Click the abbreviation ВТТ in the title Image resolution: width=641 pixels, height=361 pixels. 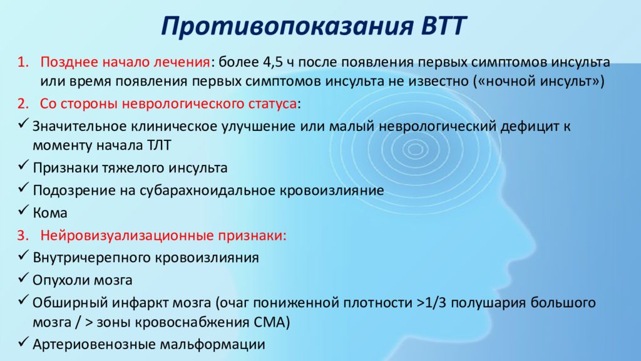click(443, 26)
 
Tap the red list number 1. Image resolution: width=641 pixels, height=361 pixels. click(23, 62)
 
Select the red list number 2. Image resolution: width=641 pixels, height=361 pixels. click(23, 103)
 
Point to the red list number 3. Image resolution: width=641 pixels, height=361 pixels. click(23, 236)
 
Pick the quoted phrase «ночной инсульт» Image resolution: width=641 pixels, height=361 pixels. click(538, 81)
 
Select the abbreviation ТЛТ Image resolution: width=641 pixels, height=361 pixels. click(158, 145)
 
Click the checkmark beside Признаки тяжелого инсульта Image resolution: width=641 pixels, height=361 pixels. click(24, 165)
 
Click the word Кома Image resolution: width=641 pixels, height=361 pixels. click(50, 213)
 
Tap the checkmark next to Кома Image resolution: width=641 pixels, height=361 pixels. click(24, 210)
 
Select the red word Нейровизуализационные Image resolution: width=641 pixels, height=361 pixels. click(127, 236)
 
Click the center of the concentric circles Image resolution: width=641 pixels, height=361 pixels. click(416, 149)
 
